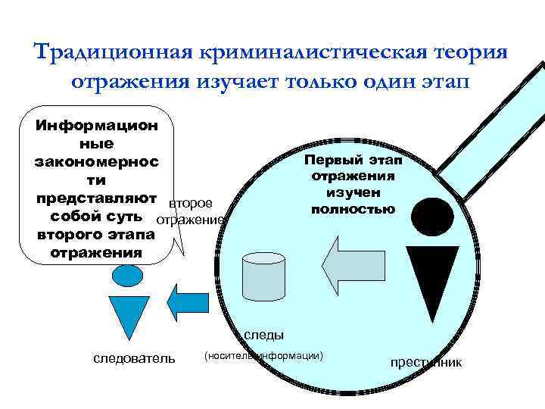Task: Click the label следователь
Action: coord(133,357)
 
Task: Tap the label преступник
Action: coord(425,362)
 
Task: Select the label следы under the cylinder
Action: coord(264,334)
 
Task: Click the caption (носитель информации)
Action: coord(263,354)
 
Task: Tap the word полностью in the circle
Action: coord(353,209)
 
